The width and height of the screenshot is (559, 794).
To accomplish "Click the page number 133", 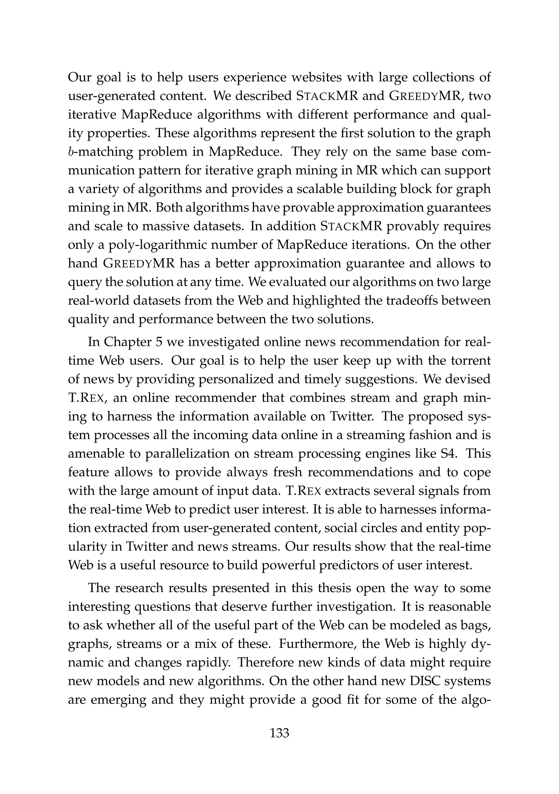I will [279, 733].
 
